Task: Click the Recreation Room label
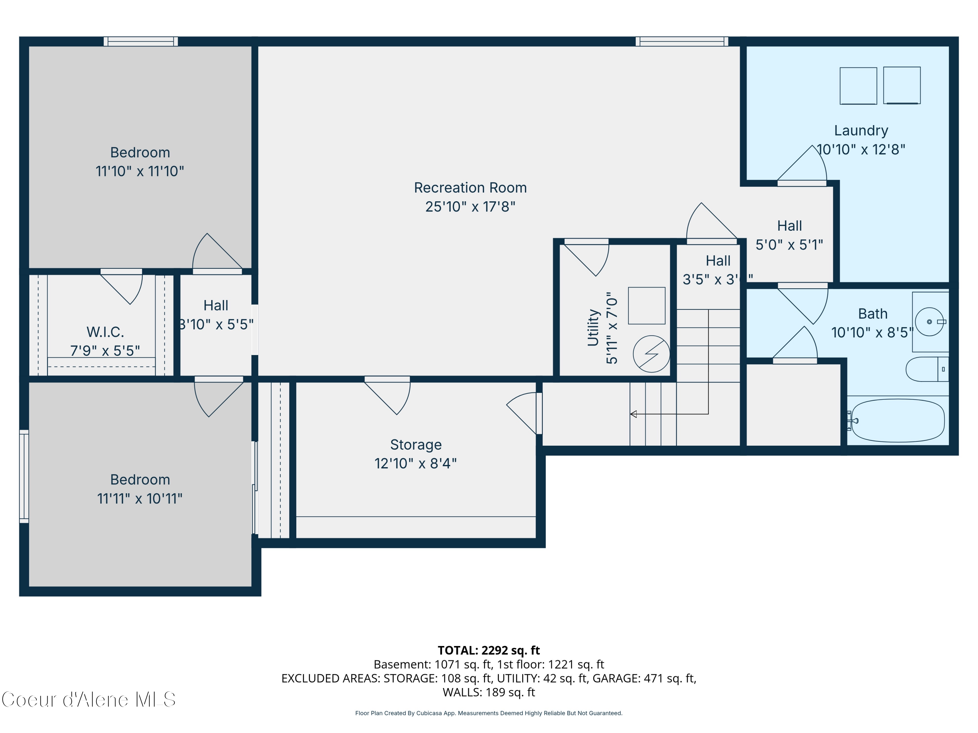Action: click(470, 188)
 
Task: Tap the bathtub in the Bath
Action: click(897, 421)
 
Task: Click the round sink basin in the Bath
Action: click(929, 322)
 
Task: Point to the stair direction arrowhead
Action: click(633, 414)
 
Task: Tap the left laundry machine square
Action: click(858, 86)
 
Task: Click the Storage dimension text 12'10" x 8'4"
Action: click(416, 464)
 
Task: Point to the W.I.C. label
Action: click(105, 332)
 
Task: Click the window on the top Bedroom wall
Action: click(141, 41)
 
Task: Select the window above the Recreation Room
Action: click(681, 41)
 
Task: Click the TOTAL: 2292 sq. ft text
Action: click(489, 650)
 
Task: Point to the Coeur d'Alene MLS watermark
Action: click(88, 699)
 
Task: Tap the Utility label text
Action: click(593, 327)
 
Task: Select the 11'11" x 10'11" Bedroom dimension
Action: click(140, 499)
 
